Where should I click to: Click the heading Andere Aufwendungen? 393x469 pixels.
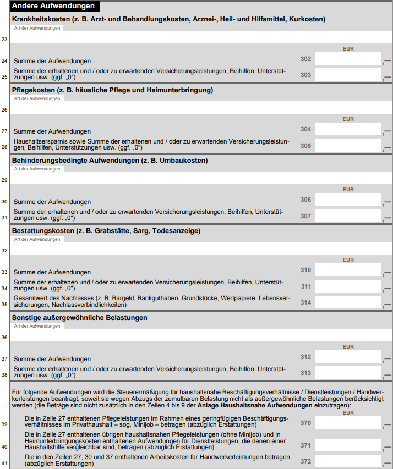coord(53,6)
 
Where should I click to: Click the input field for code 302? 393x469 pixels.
coord(348,59)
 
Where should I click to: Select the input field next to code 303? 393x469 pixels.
coord(348,75)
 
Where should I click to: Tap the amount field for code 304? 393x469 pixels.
coord(348,129)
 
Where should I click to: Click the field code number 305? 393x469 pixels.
coord(305,146)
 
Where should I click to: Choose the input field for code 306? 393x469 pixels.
coord(348,200)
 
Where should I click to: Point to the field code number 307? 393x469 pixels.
coord(305,216)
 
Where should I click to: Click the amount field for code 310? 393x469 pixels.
coord(348,270)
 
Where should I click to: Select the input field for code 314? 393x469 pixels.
coord(348,302)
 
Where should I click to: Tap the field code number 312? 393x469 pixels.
coord(305,357)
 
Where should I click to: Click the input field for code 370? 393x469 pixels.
coord(348,423)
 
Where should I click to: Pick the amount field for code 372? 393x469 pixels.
coord(348,461)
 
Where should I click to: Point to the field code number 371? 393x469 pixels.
coord(305,445)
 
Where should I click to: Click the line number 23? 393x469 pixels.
coord(4,40)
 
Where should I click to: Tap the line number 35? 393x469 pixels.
coord(4,304)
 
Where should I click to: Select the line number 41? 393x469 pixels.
coord(4,462)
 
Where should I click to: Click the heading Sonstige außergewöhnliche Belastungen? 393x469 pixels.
coord(79,318)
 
